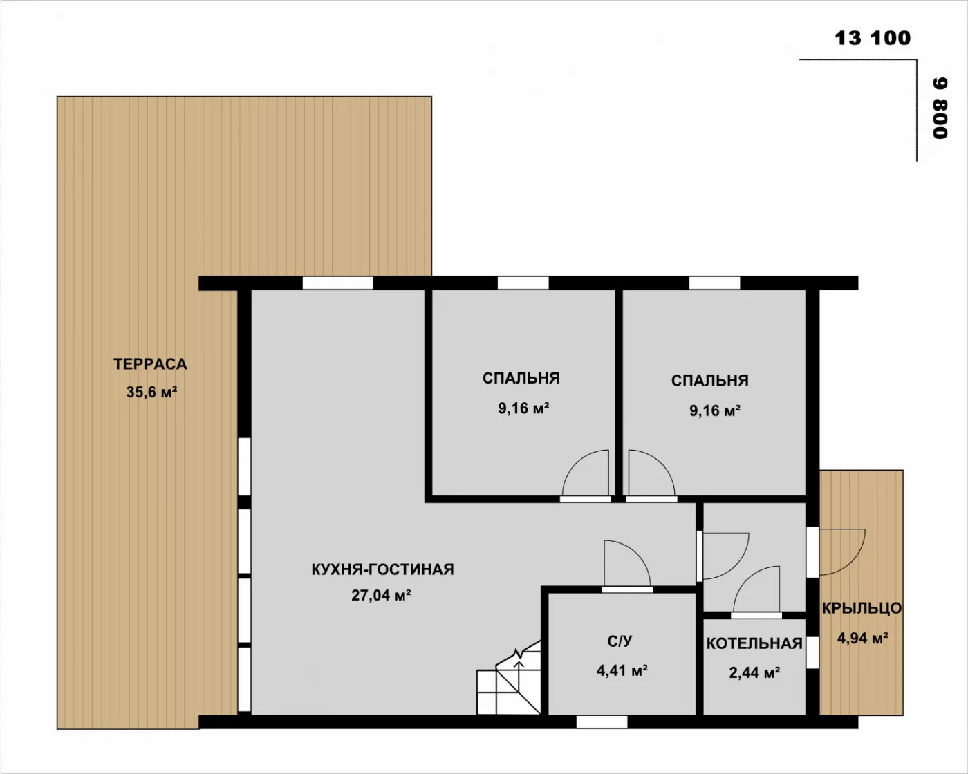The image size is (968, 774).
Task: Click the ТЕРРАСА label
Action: point(150,364)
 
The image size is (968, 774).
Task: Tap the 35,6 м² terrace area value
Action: point(151,392)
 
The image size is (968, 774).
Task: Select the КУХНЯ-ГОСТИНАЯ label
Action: point(382,569)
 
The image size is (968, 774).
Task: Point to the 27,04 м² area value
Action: point(381,595)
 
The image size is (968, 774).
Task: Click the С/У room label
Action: point(620,641)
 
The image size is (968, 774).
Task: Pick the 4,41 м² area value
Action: point(622,670)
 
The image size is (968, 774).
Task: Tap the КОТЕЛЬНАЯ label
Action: point(754,643)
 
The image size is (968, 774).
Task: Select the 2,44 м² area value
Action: point(754,673)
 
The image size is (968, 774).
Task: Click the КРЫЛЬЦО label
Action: point(862,608)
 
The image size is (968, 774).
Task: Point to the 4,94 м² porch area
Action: point(862,638)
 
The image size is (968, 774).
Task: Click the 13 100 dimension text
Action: point(873,38)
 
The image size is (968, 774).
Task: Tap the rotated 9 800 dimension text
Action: point(940,108)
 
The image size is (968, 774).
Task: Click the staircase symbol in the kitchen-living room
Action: point(509,677)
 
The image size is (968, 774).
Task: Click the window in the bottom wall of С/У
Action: point(602,722)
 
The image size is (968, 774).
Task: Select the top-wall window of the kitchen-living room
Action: point(338,283)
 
